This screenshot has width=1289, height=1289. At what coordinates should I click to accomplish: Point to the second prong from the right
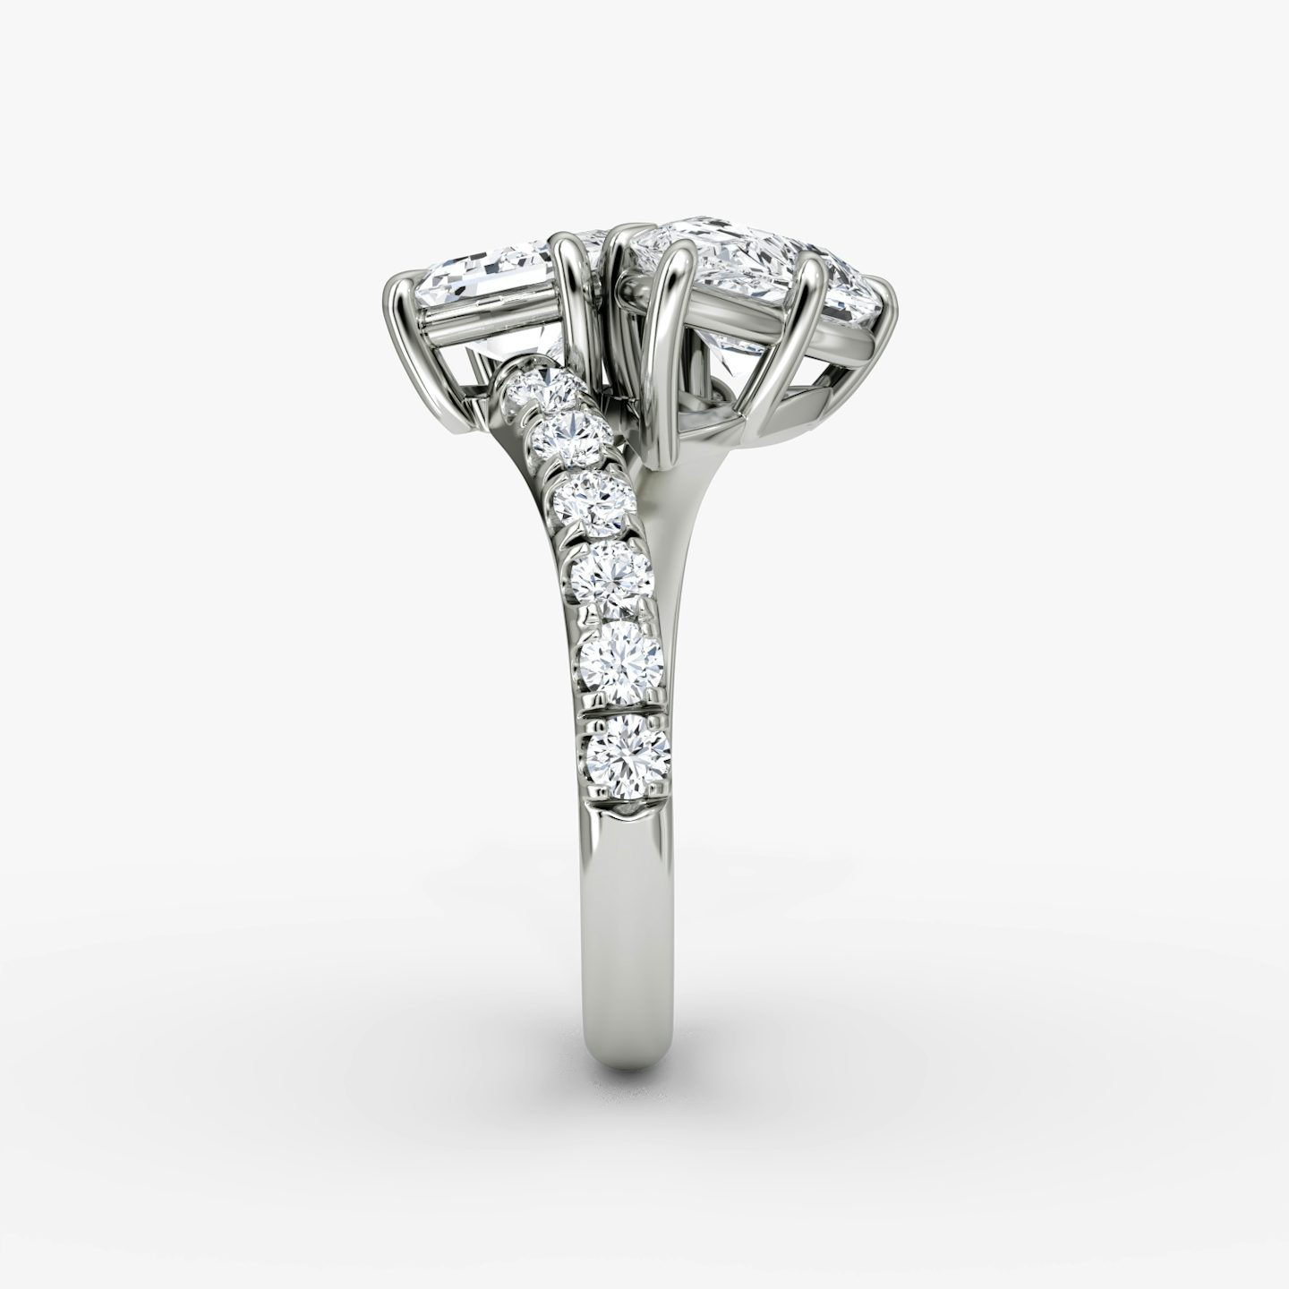pyautogui.click(x=815, y=295)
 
